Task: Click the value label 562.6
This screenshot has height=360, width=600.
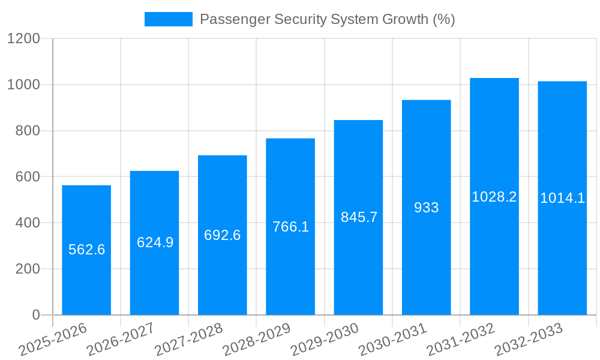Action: [86, 250]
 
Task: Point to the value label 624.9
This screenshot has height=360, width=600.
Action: [155, 242]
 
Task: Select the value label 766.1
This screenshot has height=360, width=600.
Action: [290, 227]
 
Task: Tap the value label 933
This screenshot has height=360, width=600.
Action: [427, 208]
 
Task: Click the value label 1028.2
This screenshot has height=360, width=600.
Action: [494, 197]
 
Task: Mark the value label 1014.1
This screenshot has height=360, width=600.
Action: [562, 198]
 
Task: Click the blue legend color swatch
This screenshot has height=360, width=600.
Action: [169, 19]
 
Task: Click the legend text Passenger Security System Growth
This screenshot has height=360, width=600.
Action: [327, 19]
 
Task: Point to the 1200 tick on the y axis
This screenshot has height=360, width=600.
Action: [23, 39]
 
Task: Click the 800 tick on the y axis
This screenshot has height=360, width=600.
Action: [28, 131]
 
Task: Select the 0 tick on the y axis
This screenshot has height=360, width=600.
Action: [35, 315]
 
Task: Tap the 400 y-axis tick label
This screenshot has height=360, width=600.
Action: [28, 223]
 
